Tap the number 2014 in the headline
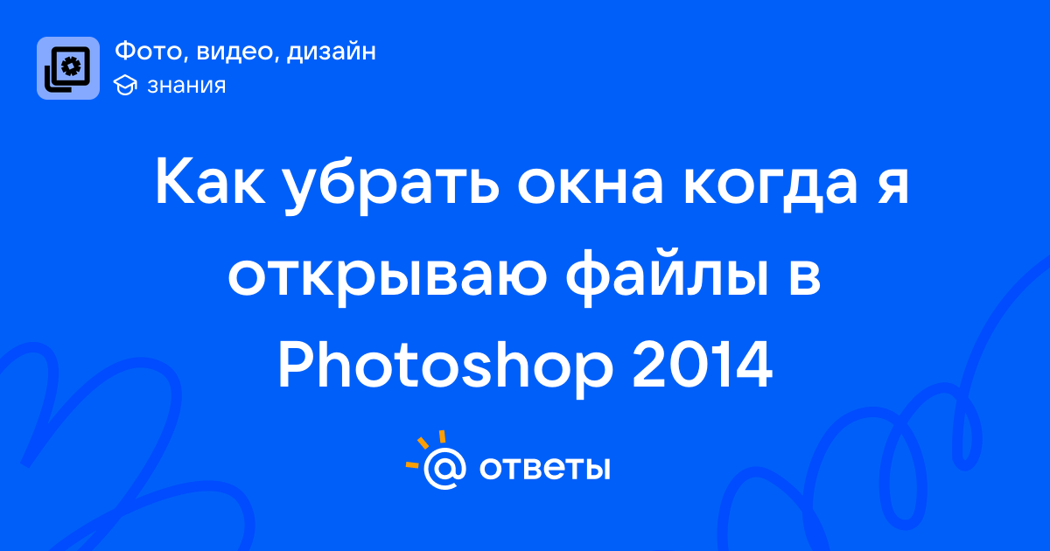tap(702, 364)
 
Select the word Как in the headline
tap(210, 181)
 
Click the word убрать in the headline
tap(392, 185)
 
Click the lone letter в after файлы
tap(805, 278)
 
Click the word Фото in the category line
tap(151, 52)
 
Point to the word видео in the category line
tap(234, 52)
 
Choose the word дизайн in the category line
tap(331, 52)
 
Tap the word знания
tap(186, 86)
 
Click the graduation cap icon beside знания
tap(125, 86)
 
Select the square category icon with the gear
tap(68, 68)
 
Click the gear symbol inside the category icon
tap(71, 66)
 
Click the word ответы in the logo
tap(544, 468)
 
